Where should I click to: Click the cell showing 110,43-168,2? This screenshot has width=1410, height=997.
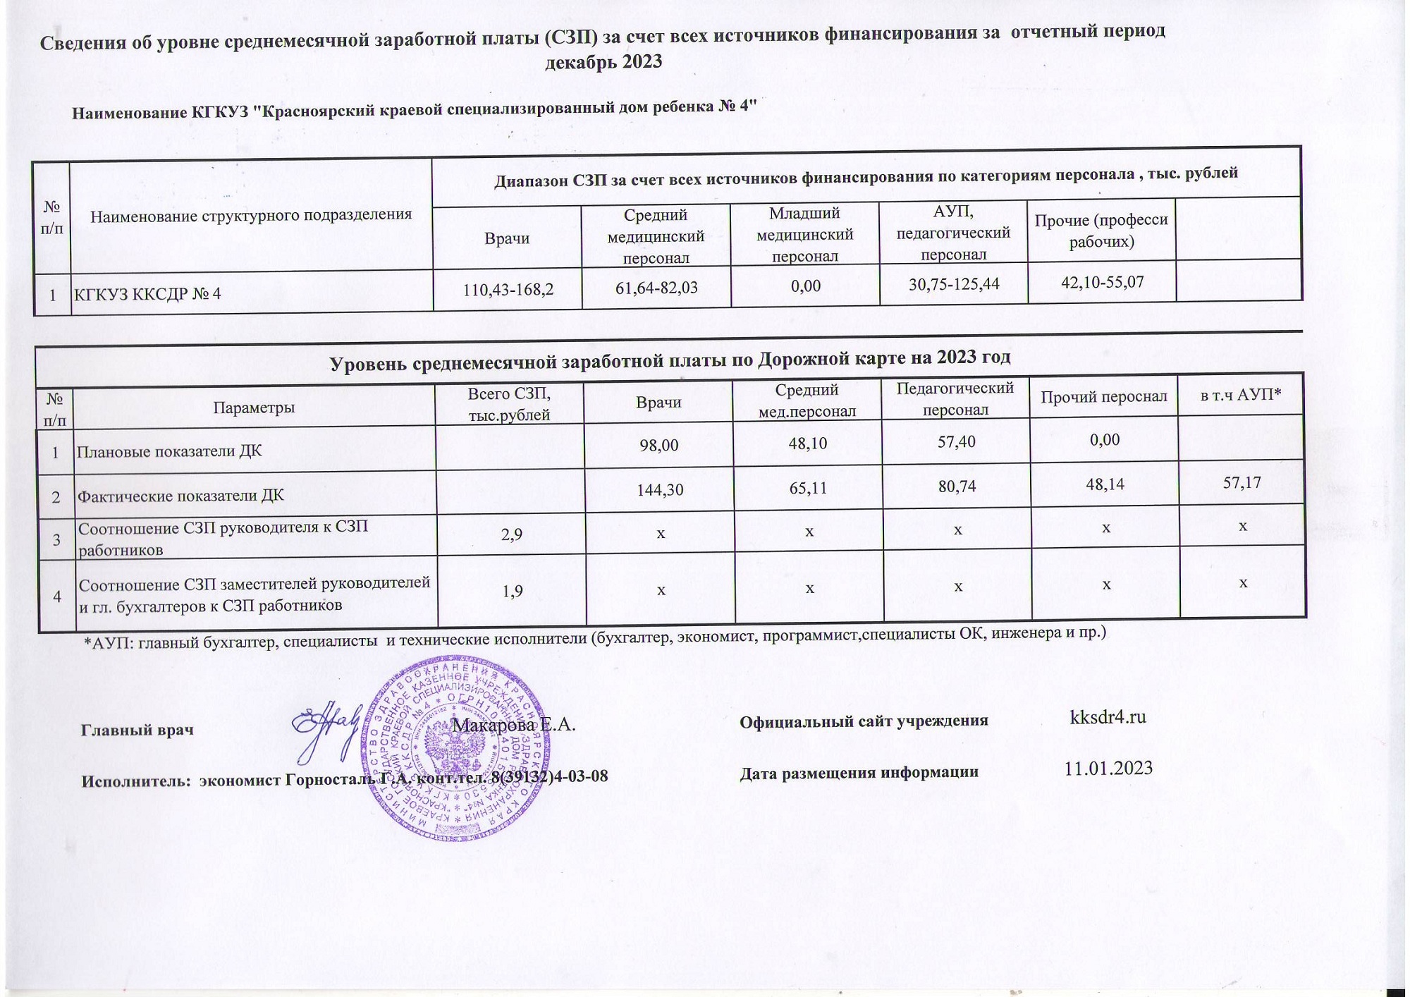click(508, 289)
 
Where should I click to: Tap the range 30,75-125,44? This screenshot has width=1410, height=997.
click(954, 284)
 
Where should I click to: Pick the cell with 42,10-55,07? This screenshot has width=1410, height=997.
click(1102, 282)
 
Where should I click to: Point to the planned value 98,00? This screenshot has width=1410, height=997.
click(659, 446)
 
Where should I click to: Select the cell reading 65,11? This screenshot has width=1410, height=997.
click(808, 487)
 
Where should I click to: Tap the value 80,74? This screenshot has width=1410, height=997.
click(957, 485)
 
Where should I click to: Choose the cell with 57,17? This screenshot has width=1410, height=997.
click(1242, 482)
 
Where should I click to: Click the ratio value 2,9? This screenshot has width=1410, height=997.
click(512, 534)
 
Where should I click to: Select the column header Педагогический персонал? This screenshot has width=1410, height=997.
click(955, 398)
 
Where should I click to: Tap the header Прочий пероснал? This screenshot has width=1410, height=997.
click(1104, 397)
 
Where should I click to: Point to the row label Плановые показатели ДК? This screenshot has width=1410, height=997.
click(169, 451)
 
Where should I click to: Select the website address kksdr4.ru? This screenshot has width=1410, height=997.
click(1108, 717)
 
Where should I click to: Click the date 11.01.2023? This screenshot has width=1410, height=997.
click(1108, 768)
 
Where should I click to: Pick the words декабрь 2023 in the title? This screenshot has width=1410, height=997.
click(604, 62)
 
